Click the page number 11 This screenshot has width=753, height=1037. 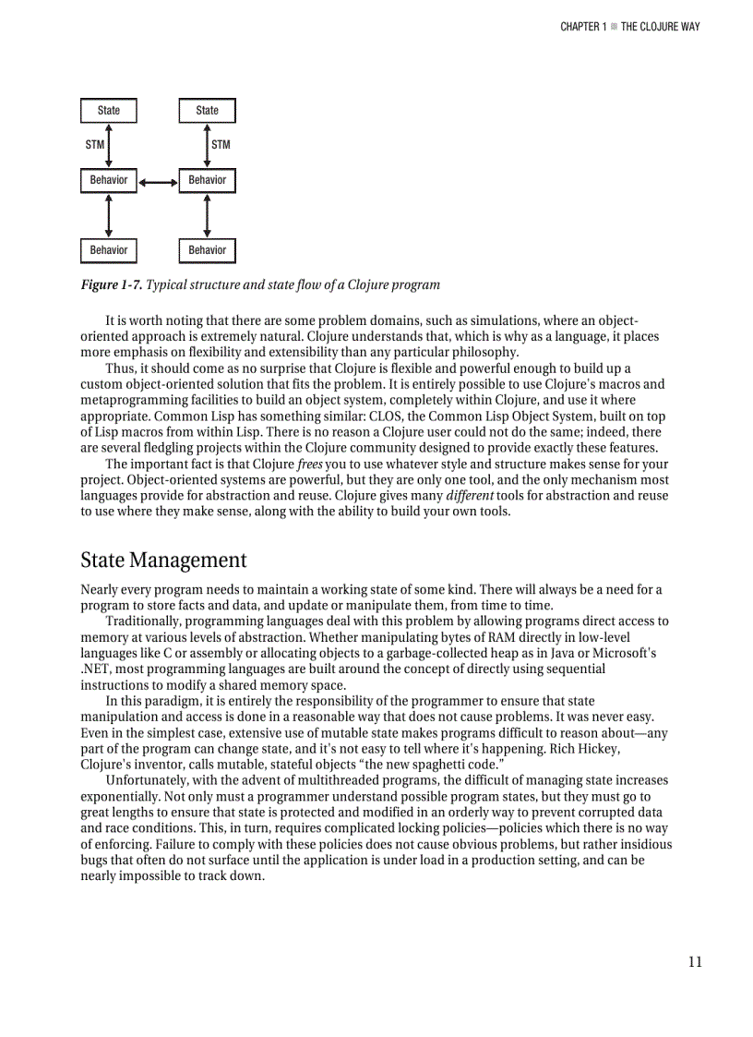pyautogui.click(x=694, y=962)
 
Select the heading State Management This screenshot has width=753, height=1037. pyautogui.click(x=163, y=561)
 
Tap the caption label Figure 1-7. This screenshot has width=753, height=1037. pyautogui.click(x=111, y=284)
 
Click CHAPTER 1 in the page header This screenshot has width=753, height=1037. pyautogui.click(x=582, y=27)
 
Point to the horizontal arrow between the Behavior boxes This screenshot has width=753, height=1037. pyautogui.click(x=158, y=181)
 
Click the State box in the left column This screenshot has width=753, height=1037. pyautogui.click(x=109, y=111)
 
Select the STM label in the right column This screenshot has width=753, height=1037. pyautogui.click(x=221, y=145)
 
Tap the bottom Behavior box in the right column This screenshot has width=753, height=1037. pyautogui.click(x=207, y=250)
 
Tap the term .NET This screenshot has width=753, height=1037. pyautogui.click(x=95, y=669)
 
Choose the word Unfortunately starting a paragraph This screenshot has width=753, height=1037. pyautogui.click(x=149, y=780)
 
